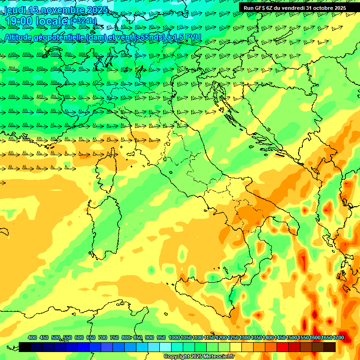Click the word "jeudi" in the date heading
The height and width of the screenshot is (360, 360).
pos(15,10)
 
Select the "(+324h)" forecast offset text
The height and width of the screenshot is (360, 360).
pos(83,21)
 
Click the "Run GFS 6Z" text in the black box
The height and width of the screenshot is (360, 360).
pos(258,8)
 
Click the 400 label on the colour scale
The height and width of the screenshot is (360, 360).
pos(32,337)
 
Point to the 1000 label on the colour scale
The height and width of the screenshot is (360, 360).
pos(174,337)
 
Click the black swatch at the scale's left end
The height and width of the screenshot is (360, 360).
pos(25,347)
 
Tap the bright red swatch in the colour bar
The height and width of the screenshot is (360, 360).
pos(283,347)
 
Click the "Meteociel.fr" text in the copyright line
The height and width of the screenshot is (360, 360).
pos(217,357)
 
